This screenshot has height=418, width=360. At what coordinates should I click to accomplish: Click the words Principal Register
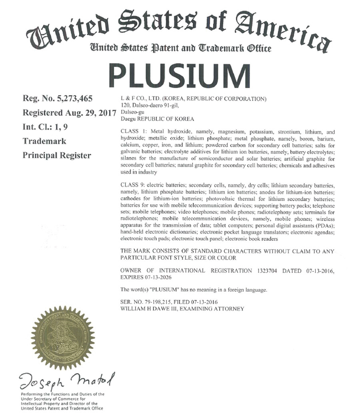[x=56, y=156]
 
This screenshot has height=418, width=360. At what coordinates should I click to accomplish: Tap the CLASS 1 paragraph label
[x=134, y=133]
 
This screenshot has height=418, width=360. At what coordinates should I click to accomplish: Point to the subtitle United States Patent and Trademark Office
[x=180, y=49]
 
